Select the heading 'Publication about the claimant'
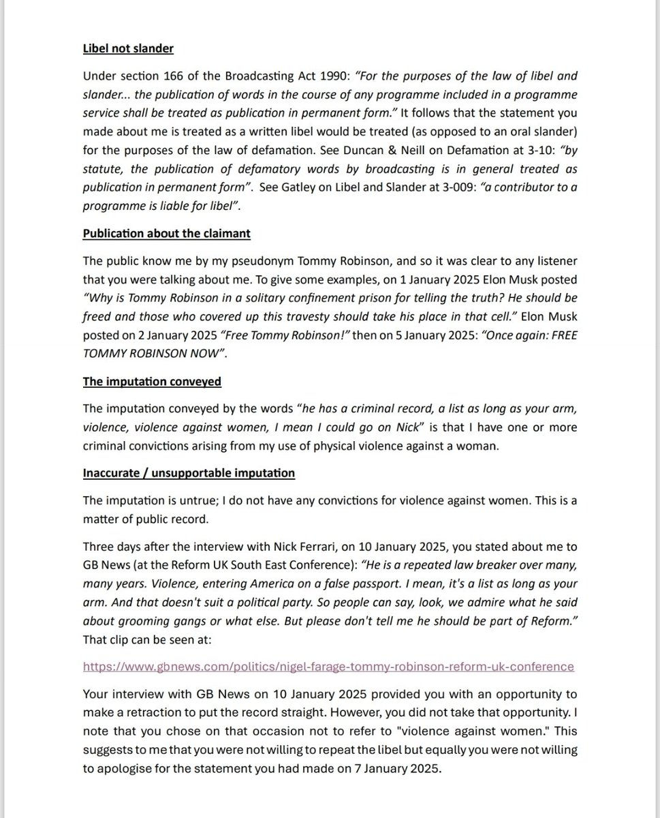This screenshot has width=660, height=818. pyautogui.click(x=166, y=233)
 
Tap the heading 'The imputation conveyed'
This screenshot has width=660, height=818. pyautogui.click(x=152, y=381)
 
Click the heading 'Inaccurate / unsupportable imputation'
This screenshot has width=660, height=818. pyautogui.click(x=189, y=472)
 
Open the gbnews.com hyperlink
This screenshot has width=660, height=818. pyautogui.click(x=328, y=666)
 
